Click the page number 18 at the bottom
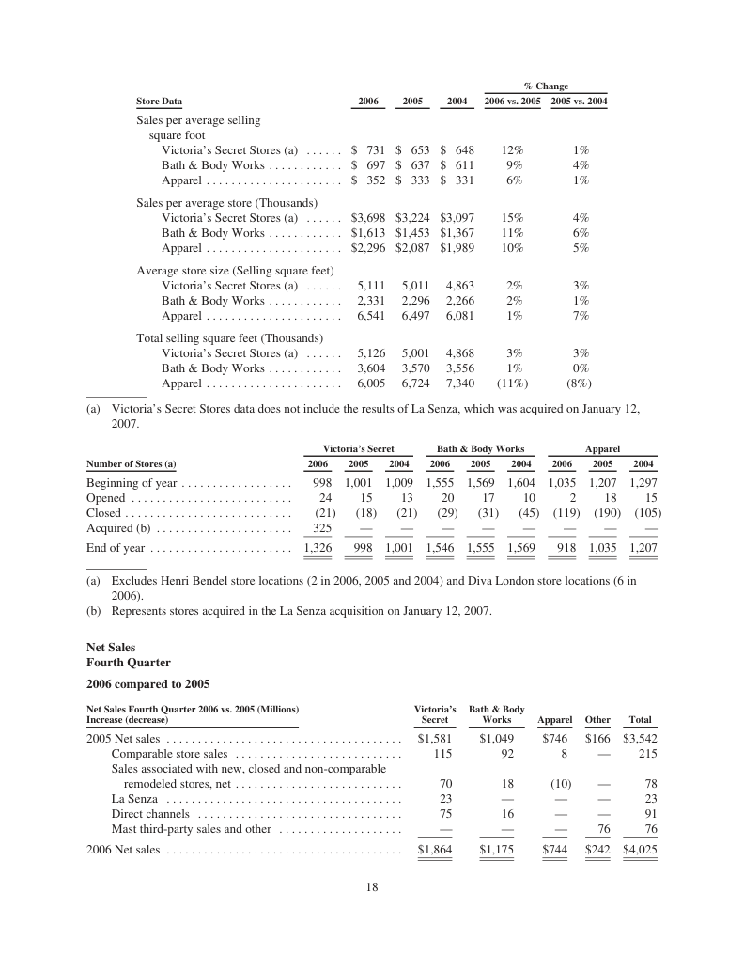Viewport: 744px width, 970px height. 372,885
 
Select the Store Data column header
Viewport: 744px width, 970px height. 160,102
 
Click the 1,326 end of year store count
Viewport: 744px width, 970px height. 318,548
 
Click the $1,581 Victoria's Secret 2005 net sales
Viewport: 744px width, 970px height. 435,738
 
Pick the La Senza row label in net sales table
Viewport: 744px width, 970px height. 134,798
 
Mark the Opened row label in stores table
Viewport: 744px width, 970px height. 106,498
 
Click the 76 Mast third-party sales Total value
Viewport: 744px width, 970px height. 645,828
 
